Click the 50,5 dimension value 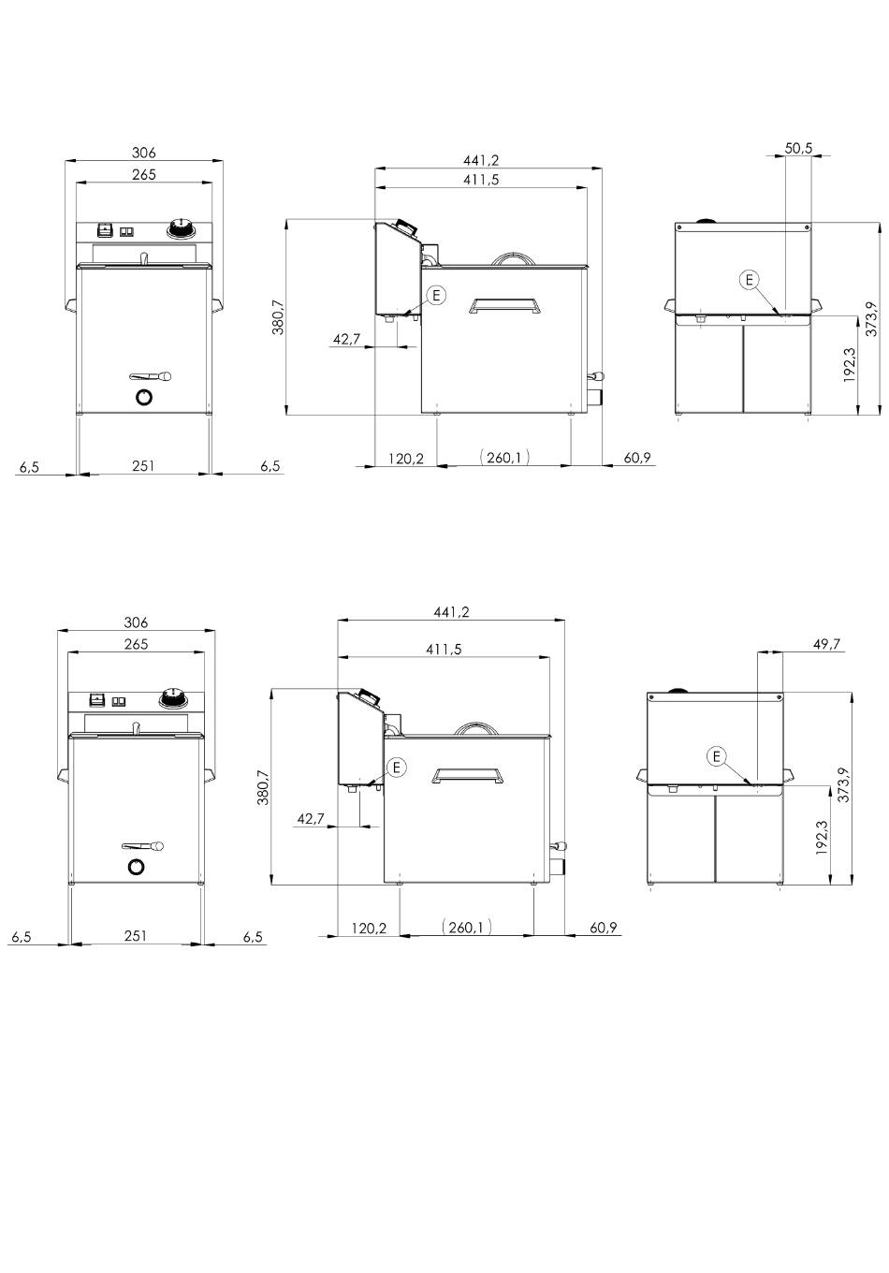(798, 148)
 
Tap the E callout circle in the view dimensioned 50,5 (749, 280)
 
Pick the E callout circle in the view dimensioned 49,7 (716, 756)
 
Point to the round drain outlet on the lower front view (136, 867)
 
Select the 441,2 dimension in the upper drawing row (480, 161)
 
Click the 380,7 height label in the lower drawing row (264, 788)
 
